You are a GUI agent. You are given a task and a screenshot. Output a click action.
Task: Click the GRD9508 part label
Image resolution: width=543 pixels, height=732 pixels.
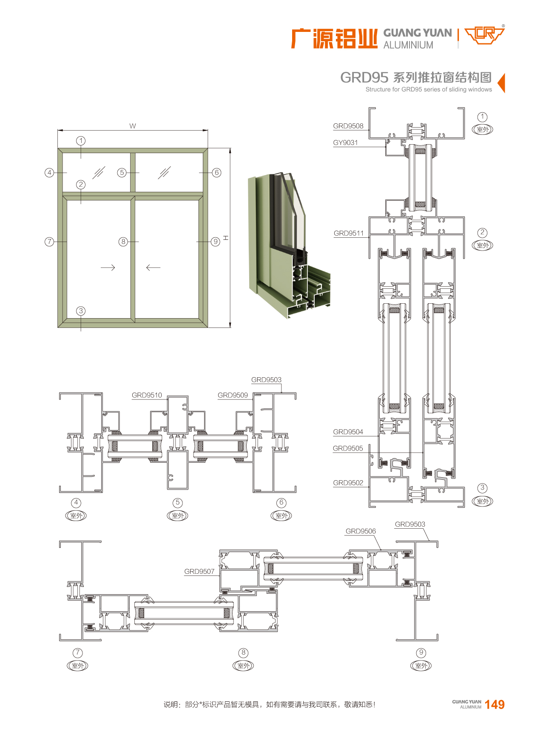click(348, 126)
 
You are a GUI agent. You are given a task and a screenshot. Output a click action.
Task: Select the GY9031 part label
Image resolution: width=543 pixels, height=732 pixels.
click(345, 142)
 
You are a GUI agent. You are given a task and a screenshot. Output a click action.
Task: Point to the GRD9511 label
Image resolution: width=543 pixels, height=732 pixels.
click(349, 233)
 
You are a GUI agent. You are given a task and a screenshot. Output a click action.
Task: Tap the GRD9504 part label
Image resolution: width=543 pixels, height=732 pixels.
click(348, 432)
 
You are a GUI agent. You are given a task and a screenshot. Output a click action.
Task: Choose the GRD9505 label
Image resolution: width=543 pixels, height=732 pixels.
click(348, 448)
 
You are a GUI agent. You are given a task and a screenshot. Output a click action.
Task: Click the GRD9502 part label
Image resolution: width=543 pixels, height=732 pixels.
click(348, 483)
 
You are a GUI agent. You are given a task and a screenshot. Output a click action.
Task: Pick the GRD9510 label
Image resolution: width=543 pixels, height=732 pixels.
click(147, 395)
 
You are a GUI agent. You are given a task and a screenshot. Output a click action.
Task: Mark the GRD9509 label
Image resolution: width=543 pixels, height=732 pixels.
click(233, 395)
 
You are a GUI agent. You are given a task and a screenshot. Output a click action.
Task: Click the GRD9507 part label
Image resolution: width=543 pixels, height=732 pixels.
click(199, 571)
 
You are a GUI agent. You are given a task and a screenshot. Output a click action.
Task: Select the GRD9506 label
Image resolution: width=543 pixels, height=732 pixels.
click(361, 531)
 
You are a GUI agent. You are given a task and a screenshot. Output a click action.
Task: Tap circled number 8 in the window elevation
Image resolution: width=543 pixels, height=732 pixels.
click(123, 242)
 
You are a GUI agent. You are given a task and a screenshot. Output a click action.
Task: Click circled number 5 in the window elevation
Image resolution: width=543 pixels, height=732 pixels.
click(122, 172)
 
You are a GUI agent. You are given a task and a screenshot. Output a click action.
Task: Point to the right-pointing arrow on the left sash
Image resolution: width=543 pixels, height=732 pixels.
click(108, 268)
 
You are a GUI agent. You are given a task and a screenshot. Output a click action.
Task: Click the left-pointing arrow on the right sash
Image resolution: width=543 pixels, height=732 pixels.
click(153, 268)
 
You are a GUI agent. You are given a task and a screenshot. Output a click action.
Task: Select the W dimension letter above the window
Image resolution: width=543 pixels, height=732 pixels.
click(133, 126)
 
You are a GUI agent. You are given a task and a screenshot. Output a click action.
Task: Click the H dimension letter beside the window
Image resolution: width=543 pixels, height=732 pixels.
click(226, 238)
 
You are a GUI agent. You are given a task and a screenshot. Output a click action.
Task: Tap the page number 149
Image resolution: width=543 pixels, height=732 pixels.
click(495, 704)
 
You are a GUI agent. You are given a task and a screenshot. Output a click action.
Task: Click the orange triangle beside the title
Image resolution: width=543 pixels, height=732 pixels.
click(501, 83)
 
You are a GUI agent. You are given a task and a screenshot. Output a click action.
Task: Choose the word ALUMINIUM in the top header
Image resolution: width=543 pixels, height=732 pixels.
click(408, 45)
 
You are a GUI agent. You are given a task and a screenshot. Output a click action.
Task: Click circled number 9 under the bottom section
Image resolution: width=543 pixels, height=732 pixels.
click(421, 652)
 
